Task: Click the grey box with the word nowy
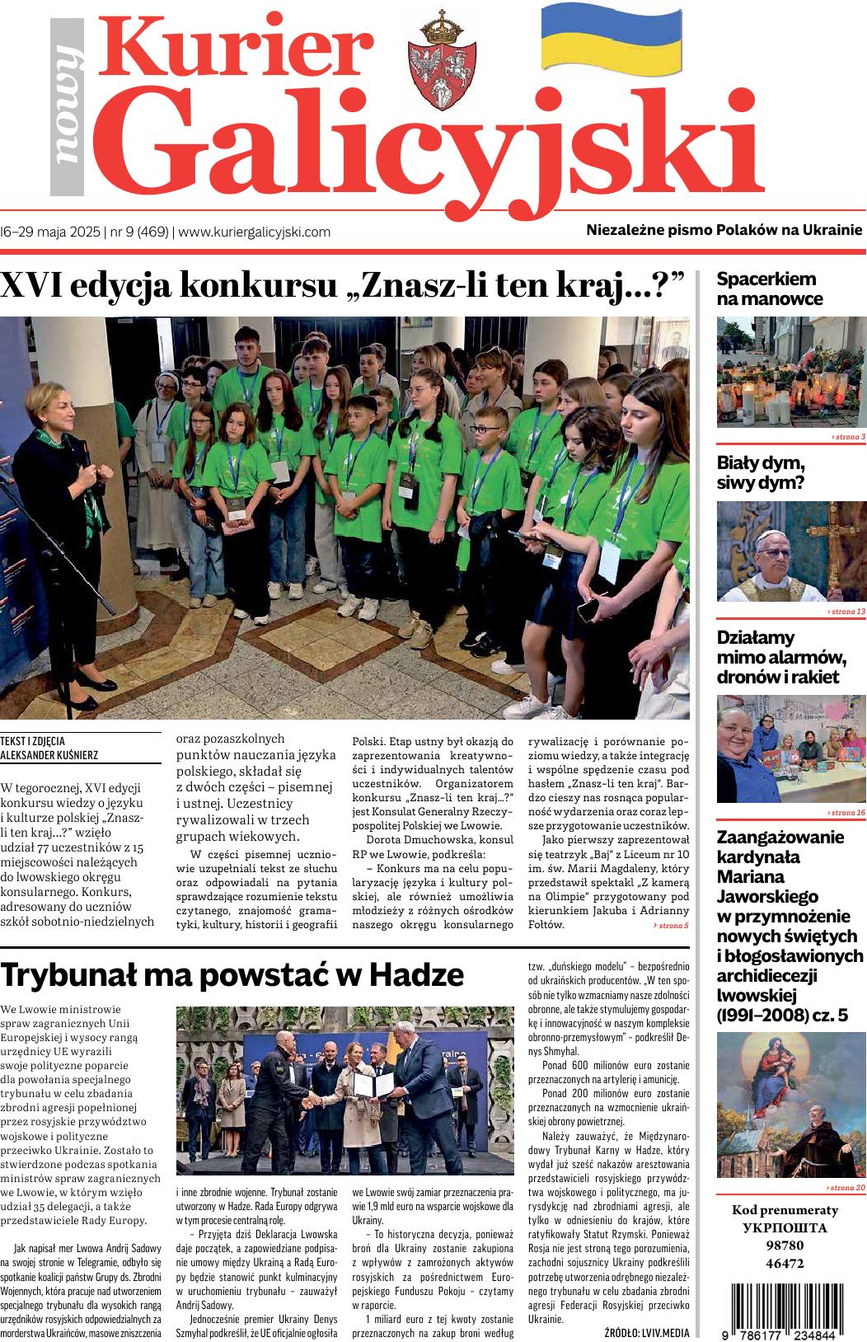click(x=68, y=107)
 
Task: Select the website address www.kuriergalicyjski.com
click(x=255, y=232)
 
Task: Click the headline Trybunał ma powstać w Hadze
click(x=232, y=974)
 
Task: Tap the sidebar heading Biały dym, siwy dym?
click(x=761, y=472)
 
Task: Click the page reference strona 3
click(x=848, y=436)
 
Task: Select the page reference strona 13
click(x=846, y=612)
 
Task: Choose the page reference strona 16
click(x=846, y=813)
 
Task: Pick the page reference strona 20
click(x=846, y=1188)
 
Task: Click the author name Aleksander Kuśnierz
click(x=51, y=753)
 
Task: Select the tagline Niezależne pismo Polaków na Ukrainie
click(x=724, y=230)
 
